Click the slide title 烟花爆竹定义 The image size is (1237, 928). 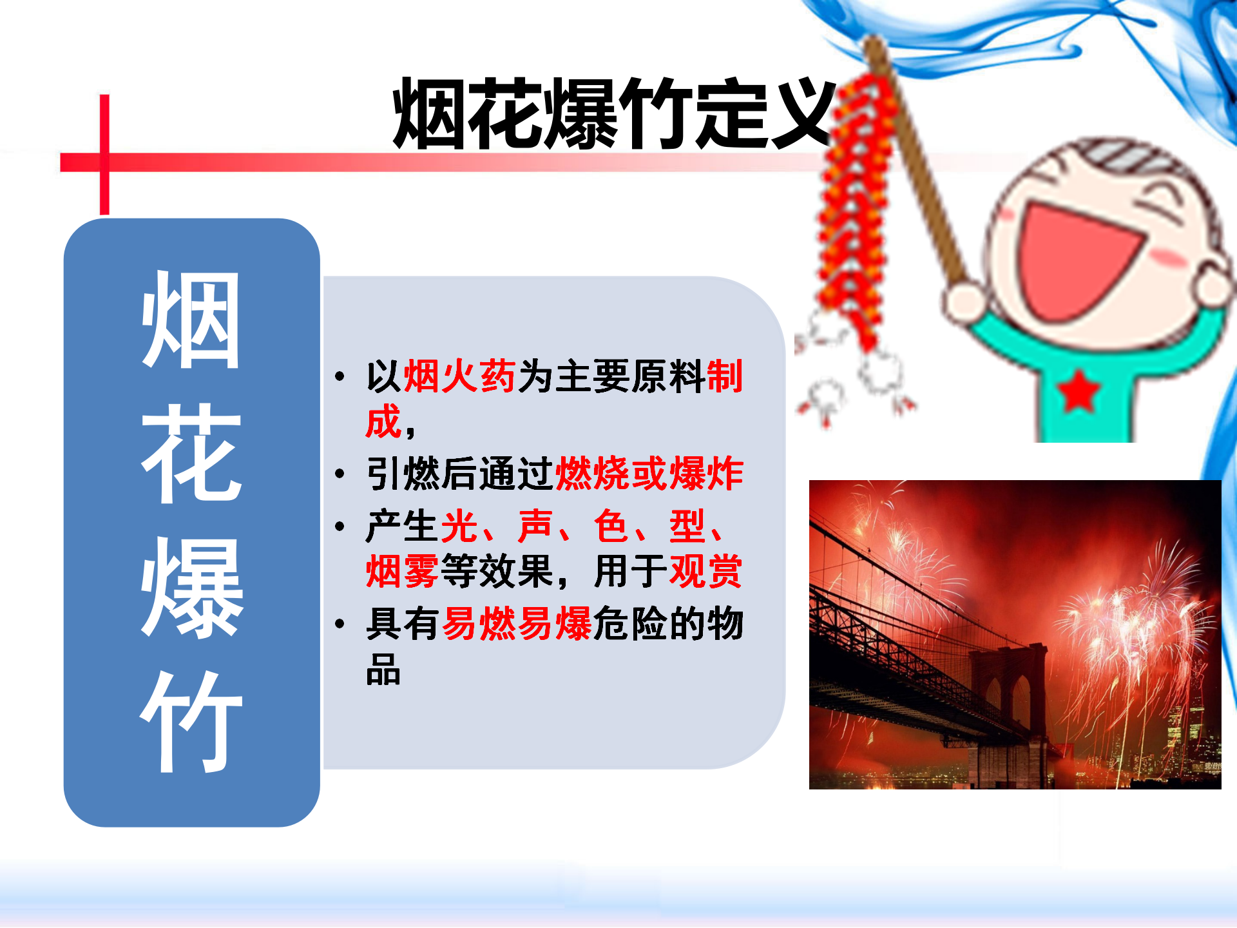[613, 114]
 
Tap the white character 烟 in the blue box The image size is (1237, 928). [191, 320]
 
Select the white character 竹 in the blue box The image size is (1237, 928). [191, 722]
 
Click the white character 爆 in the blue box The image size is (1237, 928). [191, 588]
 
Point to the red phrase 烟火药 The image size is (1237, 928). [459, 376]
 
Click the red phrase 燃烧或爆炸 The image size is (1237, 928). [649, 474]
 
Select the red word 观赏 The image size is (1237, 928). [706, 571]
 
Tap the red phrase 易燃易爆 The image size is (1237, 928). [517, 624]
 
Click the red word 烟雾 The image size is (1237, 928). [403, 571]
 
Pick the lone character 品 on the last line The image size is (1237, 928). [383, 670]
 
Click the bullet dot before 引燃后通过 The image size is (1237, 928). [340, 475]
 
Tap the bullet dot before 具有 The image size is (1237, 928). [340, 624]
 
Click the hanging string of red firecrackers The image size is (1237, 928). [854, 213]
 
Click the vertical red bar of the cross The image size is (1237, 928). [104, 155]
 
